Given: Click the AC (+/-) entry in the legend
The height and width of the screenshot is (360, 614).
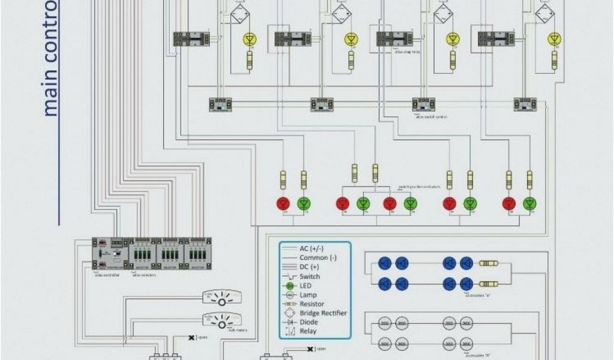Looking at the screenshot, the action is (311, 248).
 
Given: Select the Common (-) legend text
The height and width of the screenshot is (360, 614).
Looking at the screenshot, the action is (313, 258).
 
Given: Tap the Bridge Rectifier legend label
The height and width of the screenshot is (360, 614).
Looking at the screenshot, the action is (323, 313).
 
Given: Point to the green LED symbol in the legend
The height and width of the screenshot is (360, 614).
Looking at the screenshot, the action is (290, 286).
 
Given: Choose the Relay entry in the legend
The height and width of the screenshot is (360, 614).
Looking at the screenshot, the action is (308, 331).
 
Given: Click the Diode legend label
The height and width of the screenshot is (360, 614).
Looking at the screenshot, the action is (309, 322).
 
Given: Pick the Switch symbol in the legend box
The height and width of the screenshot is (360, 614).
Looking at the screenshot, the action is (290, 277).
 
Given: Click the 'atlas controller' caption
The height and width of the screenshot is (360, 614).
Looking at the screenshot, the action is (107, 275).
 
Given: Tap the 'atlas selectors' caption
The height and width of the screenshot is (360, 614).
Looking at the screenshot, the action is (144, 275).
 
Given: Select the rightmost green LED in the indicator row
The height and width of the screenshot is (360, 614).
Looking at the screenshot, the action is (529, 204).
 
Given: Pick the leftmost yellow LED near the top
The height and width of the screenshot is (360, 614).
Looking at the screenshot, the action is (249, 40).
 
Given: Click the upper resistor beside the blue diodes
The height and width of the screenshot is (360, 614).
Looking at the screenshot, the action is (488, 263).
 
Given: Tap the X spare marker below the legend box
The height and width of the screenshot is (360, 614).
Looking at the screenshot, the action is (309, 349).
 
